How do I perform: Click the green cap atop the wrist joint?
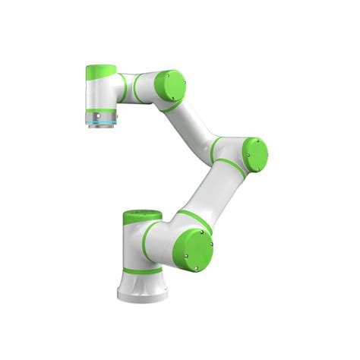[x=102, y=72]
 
